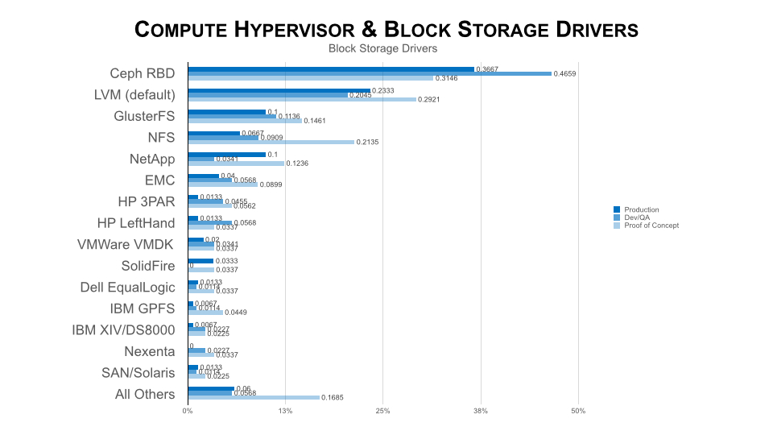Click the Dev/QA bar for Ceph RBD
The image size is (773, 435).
coord(370,73)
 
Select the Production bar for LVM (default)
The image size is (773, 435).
coord(279,91)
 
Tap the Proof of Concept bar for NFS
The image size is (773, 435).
coord(271,142)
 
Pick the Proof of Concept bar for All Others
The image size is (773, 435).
coord(254,397)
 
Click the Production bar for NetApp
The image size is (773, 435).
coord(226,155)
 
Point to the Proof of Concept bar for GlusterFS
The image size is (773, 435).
coord(245,121)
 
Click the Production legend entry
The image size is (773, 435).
coord(641,210)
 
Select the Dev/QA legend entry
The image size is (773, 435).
coord(636,218)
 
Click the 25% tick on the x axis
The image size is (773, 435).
coord(382,412)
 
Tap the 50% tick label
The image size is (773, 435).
coord(578,412)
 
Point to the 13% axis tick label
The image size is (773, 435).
coord(285,412)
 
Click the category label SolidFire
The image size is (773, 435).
coord(148,266)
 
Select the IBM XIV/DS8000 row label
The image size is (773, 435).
coord(123,329)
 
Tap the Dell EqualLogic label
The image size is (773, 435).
coord(127,287)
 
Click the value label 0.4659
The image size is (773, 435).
coord(565,73)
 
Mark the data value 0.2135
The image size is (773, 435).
coord(367,142)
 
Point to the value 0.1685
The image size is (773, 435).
coord(332,397)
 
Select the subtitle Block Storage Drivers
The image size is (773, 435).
coord(382,48)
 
